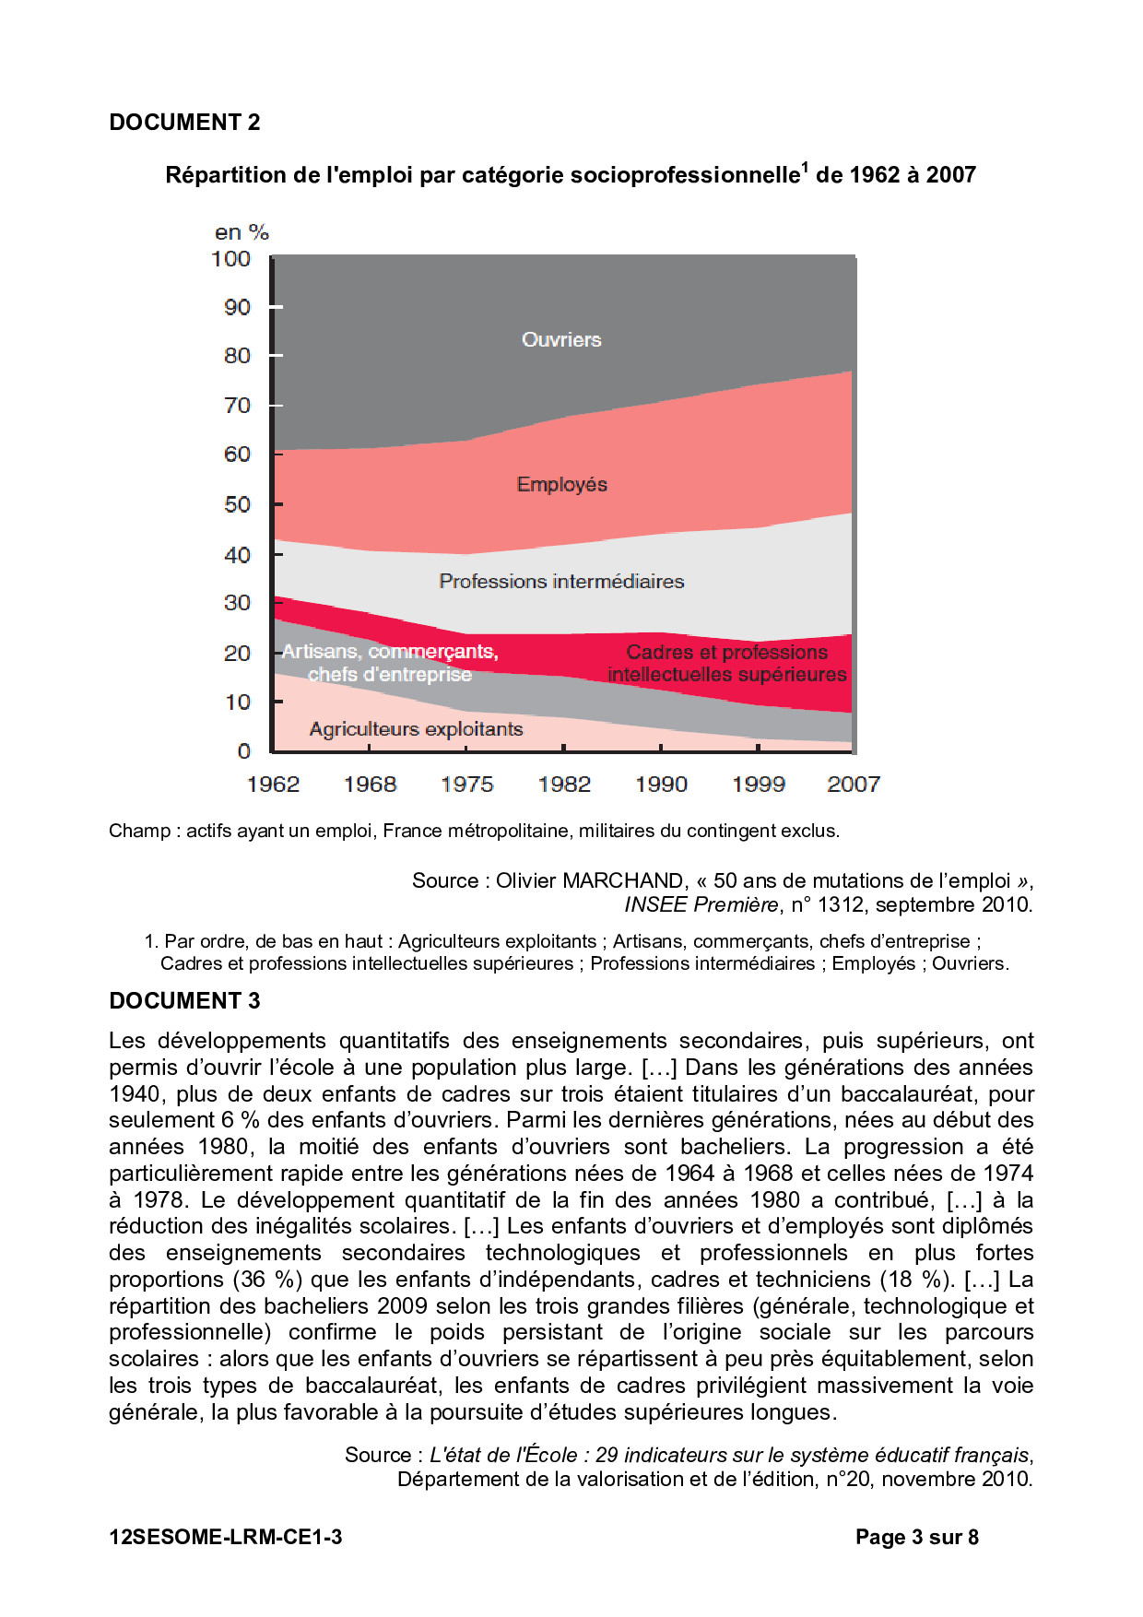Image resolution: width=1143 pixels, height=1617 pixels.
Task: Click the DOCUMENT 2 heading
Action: click(x=184, y=123)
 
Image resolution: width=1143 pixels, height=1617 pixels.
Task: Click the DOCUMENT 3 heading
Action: click(x=184, y=1001)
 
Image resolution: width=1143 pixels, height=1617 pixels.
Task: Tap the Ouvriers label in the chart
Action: click(x=561, y=340)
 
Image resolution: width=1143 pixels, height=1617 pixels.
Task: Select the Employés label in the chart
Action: click(x=561, y=485)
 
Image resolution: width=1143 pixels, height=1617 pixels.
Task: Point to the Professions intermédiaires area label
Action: click(x=561, y=582)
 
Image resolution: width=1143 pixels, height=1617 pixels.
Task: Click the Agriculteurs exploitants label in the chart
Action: click(x=416, y=729)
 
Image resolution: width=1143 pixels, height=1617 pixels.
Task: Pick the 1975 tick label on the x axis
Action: click(x=466, y=785)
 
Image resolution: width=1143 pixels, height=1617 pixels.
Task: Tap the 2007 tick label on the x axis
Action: click(x=853, y=785)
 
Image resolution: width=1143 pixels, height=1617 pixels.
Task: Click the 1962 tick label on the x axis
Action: click(x=273, y=785)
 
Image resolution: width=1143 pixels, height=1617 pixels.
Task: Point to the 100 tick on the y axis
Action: click(x=230, y=259)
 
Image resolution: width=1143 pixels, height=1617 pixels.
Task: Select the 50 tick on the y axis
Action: click(x=237, y=504)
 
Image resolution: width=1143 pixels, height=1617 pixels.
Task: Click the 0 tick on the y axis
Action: click(x=244, y=751)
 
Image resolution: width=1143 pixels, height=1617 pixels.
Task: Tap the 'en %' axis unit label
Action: click(x=242, y=232)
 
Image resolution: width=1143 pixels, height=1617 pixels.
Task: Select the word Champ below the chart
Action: click(x=139, y=831)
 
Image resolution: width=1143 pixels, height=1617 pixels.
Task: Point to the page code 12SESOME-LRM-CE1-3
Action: click(x=226, y=1537)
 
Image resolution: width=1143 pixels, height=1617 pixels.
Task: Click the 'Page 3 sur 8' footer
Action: click(x=916, y=1537)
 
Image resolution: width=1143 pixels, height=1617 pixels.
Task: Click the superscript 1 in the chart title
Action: click(x=805, y=167)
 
